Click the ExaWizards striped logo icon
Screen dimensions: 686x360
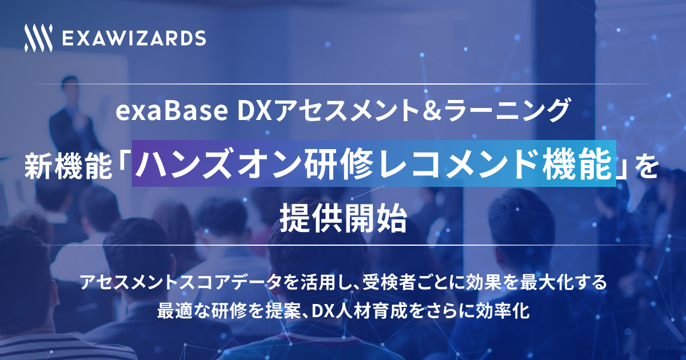(39, 38)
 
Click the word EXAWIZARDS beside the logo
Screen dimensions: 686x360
(134, 38)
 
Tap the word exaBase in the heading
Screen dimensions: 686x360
(171, 111)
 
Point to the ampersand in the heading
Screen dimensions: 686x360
(434, 111)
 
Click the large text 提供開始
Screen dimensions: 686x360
(343, 218)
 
